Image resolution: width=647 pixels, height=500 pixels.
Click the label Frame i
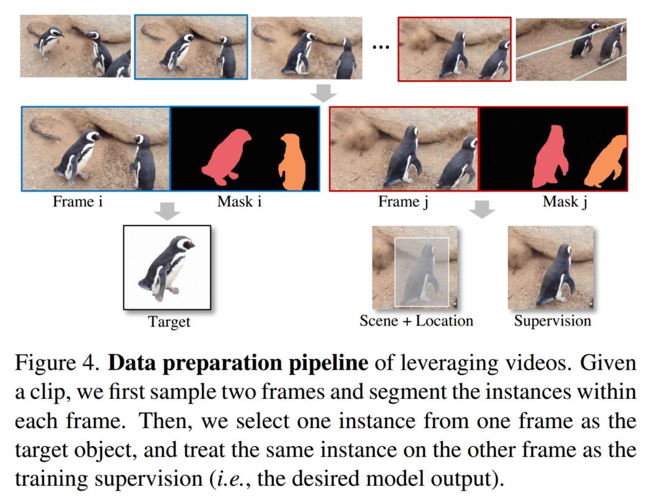click(78, 202)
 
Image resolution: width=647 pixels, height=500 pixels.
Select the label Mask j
click(566, 202)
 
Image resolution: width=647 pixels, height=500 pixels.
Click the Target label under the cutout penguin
click(169, 322)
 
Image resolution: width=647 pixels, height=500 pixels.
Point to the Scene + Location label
click(416, 321)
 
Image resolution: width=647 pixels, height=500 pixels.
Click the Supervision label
click(552, 321)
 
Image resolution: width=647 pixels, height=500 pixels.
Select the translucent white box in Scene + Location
click(422, 271)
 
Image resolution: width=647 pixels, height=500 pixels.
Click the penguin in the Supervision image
click(556, 273)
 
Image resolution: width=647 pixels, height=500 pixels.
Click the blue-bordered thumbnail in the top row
click(191, 48)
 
